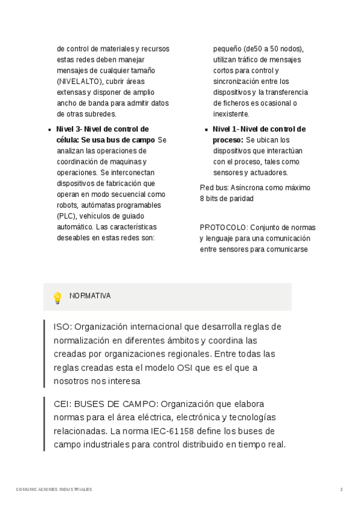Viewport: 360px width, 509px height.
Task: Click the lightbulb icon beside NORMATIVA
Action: point(58,297)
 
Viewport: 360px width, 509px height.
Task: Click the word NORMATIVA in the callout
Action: point(90,296)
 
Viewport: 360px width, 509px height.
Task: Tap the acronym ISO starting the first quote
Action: point(61,327)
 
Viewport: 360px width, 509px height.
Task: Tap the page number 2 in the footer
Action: point(341,489)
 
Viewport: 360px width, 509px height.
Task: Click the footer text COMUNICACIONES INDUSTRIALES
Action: point(54,489)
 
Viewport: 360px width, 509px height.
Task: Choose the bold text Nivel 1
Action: point(225,129)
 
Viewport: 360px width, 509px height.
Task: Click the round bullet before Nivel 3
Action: point(48,130)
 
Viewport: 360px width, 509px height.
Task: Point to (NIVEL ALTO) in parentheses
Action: point(80,82)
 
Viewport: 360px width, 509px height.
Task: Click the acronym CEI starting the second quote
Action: point(62,404)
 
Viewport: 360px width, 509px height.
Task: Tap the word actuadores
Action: point(254,173)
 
